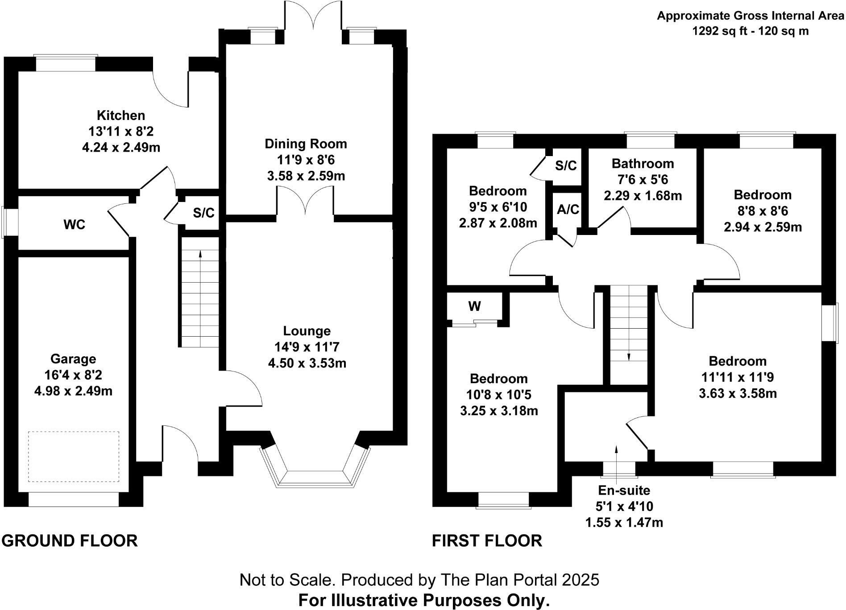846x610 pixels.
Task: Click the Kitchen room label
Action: click(121, 115)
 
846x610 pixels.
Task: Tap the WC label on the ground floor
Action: click(74, 225)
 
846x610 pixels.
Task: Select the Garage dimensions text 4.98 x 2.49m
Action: click(73, 391)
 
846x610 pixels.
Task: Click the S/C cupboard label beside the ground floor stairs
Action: click(203, 213)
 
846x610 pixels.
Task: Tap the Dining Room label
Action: click(306, 144)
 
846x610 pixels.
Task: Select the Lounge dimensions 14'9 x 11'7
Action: click(307, 347)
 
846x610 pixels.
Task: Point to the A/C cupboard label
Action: click(568, 209)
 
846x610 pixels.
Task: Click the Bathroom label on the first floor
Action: click(643, 164)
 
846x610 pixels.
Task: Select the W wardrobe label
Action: click(475, 306)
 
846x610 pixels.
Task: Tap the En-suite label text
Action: click(624, 490)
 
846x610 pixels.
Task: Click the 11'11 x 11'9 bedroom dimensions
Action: click(738, 377)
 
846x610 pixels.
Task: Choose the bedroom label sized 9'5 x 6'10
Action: click(498, 191)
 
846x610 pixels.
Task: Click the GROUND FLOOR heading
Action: click(70, 541)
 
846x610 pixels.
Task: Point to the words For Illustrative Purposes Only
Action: click(423, 600)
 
